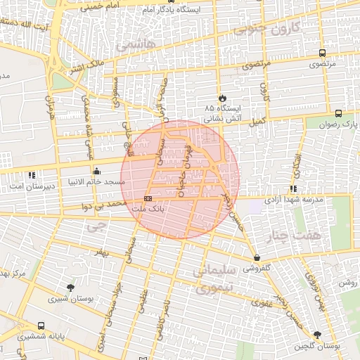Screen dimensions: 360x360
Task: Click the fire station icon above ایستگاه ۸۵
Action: pos(223,98)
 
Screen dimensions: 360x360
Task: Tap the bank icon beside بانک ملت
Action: pos(147,198)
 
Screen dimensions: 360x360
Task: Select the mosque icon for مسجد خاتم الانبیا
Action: pos(96,171)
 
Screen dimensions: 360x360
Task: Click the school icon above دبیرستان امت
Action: pos(32,174)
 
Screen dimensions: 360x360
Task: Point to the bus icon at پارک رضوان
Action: pos(338,113)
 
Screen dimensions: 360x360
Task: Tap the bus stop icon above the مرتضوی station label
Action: pos(322,53)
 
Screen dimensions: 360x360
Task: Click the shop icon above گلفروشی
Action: pos(257,258)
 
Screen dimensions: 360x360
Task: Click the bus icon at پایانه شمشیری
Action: pos(41,326)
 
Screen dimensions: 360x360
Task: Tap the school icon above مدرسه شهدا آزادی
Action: pos(293,188)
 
